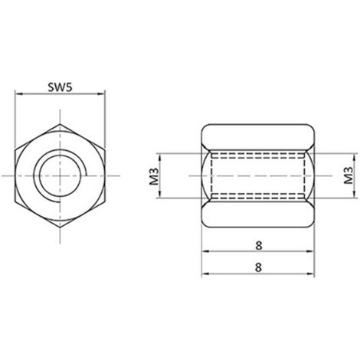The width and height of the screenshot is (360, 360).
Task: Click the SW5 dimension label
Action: [x=61, y=87]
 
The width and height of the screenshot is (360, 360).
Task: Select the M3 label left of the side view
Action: [x=154, y=176]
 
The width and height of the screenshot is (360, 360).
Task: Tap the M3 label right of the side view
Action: [x=349, y=175]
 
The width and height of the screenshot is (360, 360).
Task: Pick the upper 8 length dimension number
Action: [x=258, y=246]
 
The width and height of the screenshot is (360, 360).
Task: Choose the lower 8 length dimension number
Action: [x=258, y=267]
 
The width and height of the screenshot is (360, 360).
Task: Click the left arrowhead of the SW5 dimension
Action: [x=18, y=94]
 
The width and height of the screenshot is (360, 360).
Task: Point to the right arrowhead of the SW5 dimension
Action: [x=101, y=94]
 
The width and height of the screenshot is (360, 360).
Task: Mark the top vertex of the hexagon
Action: [x=60, y=124]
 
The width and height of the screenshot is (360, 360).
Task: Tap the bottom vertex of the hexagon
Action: [x=60, y=227]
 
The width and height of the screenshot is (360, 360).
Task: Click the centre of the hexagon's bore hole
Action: [x=60, y=175]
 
